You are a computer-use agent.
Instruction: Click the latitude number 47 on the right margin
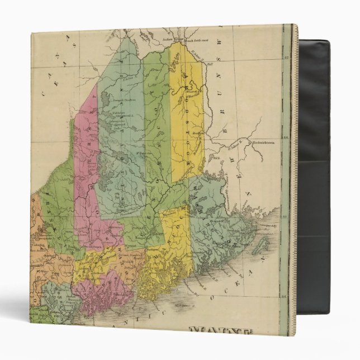point(286,57)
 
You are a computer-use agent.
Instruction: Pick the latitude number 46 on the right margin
point(286,137)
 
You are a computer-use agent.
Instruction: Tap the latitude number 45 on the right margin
point(286,215)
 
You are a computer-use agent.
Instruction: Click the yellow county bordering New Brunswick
point(187,112)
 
